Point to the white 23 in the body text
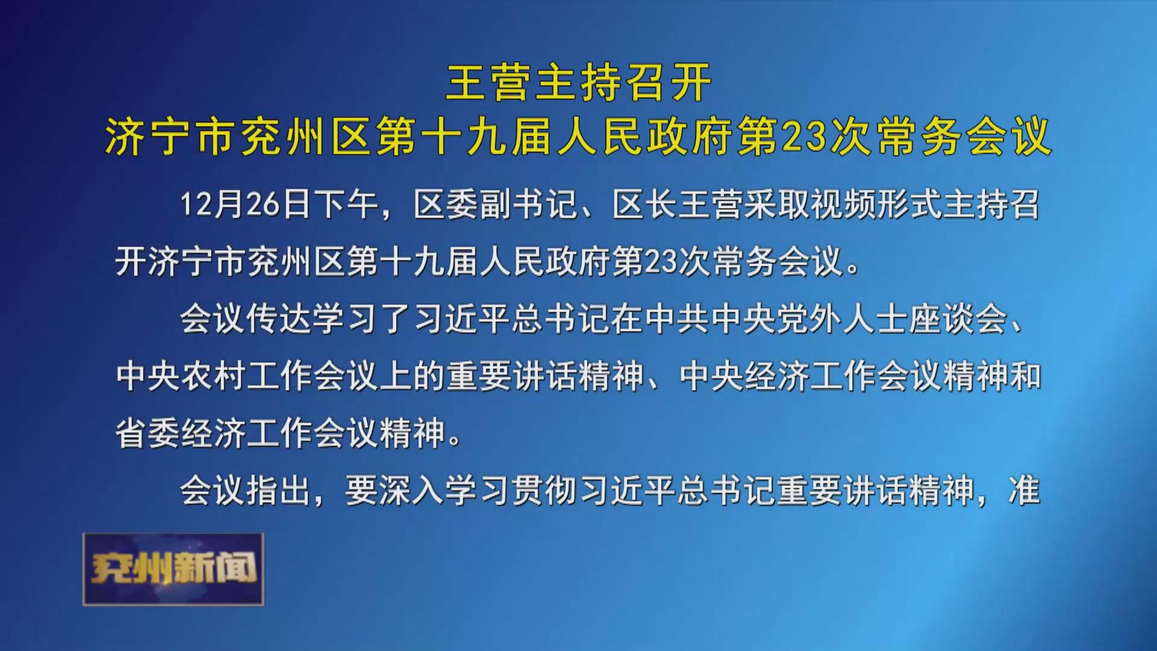coord(661,262)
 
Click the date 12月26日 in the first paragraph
coord(245,204)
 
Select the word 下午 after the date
coord(346,204)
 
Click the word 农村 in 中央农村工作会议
coord(213,376)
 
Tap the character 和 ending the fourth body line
coord(1024,376)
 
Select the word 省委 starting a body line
coord(148,433)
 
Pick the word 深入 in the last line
coord(411,490)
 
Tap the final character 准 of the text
coord(1024,490)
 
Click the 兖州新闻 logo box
coord(174,569)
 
